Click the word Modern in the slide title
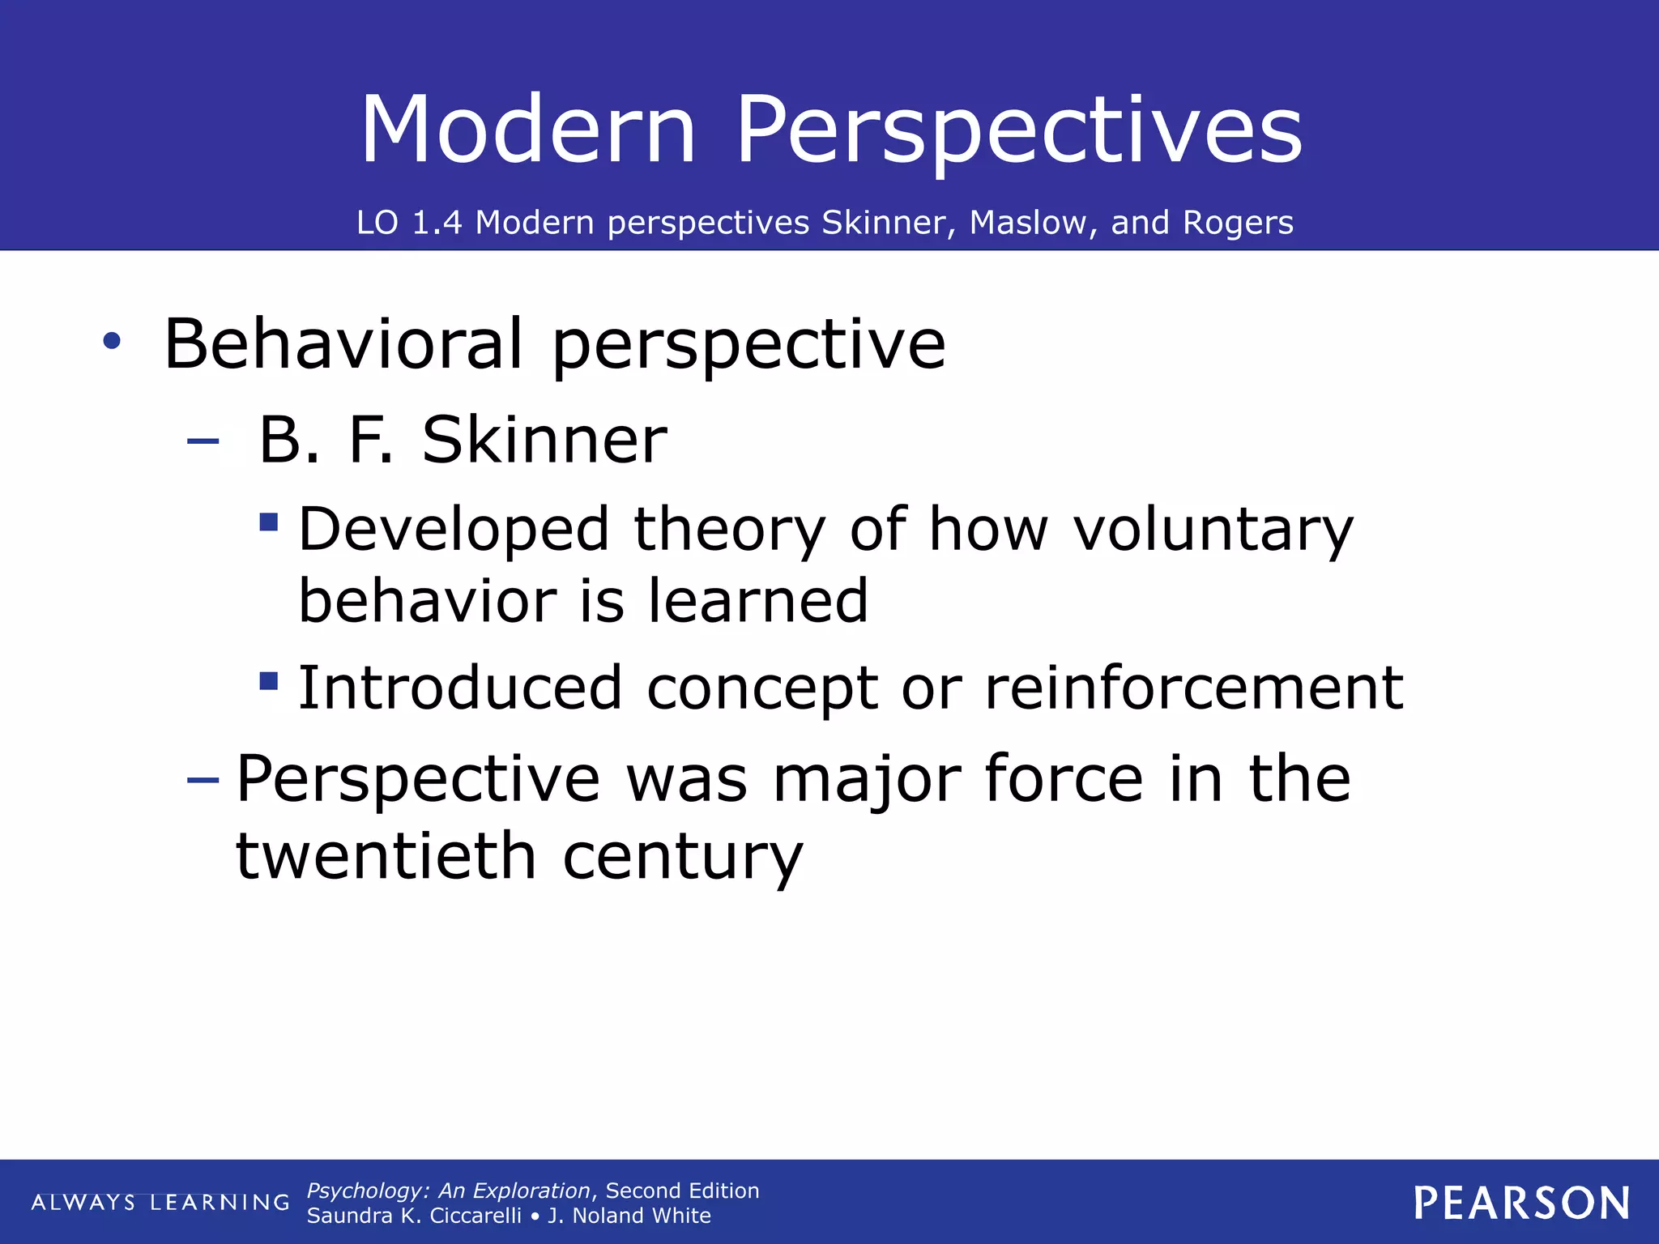(528, 130)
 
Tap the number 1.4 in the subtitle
(437, 223)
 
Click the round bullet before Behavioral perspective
(112, 342)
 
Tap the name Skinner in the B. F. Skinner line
(544, 440)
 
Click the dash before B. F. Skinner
(203, 441)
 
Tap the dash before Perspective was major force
(203, 780)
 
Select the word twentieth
(386, 856)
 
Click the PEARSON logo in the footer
(1521, 1203)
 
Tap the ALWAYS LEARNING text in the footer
(160, 1203)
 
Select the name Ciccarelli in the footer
(476, 1216)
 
